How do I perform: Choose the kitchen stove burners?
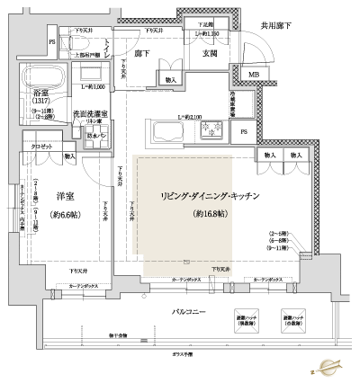pos(215,132)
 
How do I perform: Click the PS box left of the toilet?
pos(51,42)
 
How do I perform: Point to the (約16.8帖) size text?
pos(209,214)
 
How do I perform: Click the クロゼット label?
pos(40,144)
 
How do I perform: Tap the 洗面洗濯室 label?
pos(91,114)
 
